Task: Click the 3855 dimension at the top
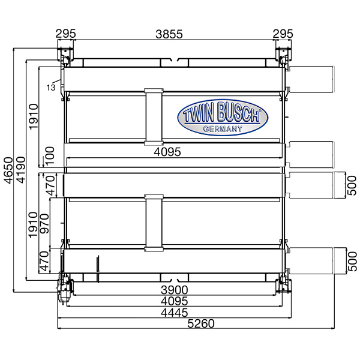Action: (169, 34)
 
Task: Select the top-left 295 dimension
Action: (65, 34)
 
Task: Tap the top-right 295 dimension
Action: (283, 34)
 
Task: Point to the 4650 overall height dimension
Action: (8, 170)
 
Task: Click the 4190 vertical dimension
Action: (20, 170)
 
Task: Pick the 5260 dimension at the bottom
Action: (201, 323)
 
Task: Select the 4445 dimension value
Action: (175, 313)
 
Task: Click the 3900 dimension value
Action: (174, 290)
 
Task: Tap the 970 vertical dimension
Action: (44, 224)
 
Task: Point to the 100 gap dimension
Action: (50, 155)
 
